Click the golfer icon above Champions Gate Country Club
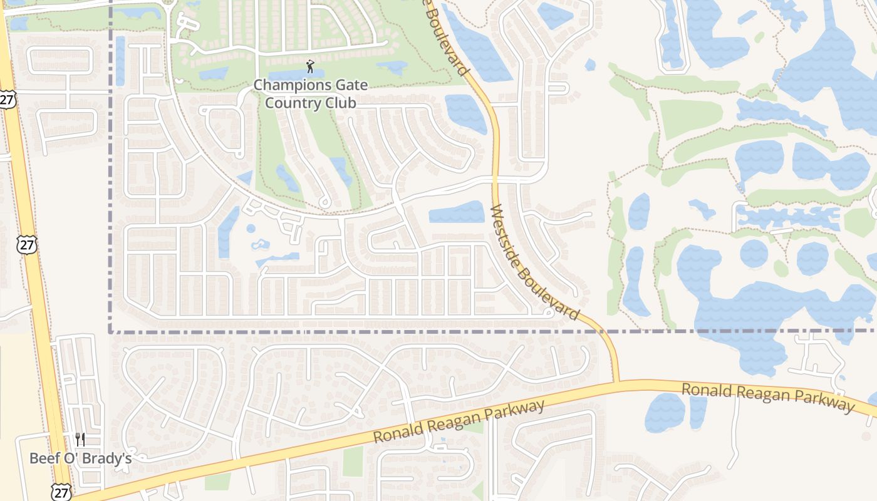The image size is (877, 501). (310, 66)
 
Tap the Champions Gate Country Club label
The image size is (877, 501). (311, 93)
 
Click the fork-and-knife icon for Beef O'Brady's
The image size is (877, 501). (80, 440)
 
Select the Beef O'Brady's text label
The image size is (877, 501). (80, 458)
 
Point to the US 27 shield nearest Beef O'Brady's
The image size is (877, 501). (61, 492)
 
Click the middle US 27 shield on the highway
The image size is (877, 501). (27, 244)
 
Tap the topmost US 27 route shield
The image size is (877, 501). (7, 99)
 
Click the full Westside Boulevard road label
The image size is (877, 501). (534, 262)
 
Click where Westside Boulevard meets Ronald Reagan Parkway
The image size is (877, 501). (616, 381)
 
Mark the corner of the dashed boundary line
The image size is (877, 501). (110, 331)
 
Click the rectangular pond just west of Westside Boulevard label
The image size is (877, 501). (457, 212)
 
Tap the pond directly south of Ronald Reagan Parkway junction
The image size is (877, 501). (665, 413)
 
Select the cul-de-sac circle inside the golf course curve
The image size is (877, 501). (324, 202)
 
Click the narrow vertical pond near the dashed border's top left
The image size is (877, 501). (120, 61)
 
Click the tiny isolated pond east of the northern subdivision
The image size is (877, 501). (589, 64)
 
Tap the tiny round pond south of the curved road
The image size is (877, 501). (251, 229)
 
